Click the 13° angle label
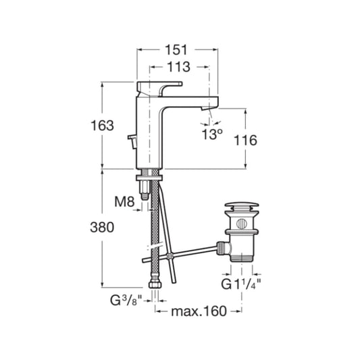[x=211, y=134]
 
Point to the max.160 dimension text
[x=199, y=311]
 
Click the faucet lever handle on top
[x=159, y=86]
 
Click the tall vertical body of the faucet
[x=149, y=132]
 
